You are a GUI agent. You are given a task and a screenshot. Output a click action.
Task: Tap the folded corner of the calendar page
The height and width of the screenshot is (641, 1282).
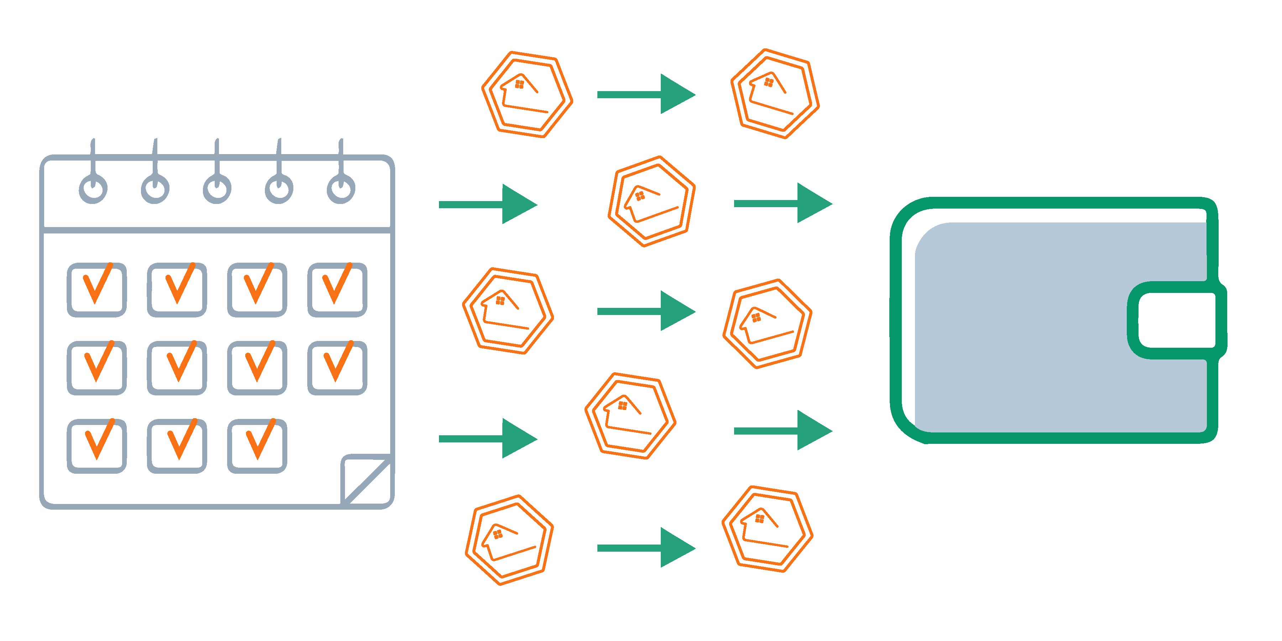point(366,478)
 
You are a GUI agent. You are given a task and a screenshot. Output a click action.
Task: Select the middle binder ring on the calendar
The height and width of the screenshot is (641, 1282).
point(217,189)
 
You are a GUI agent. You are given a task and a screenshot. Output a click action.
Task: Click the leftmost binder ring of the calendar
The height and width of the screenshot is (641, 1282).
point(93,189)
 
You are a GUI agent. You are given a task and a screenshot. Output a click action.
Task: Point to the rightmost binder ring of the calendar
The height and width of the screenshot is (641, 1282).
point(341,189)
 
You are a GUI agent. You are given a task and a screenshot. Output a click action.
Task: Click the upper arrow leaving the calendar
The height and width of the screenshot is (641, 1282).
point(488,204)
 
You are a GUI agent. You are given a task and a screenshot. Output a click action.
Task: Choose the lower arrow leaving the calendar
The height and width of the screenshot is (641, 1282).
point(488,438)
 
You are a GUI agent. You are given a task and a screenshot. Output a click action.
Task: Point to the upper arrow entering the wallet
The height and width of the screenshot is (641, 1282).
point(783,203)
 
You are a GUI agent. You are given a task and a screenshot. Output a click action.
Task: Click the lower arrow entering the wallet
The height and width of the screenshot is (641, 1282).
point(783,431)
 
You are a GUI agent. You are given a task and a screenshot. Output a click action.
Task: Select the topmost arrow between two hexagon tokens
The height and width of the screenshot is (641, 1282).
point(646,94)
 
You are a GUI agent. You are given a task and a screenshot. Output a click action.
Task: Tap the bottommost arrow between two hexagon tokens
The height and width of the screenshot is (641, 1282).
point(646,547)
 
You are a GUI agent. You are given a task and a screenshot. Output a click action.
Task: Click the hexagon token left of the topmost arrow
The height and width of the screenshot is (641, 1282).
point(527,94)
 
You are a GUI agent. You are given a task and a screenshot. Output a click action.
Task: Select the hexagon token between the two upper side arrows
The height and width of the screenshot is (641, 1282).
point(652,201)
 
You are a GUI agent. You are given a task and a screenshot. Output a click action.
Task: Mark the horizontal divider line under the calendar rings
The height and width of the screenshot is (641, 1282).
point(217,230)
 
